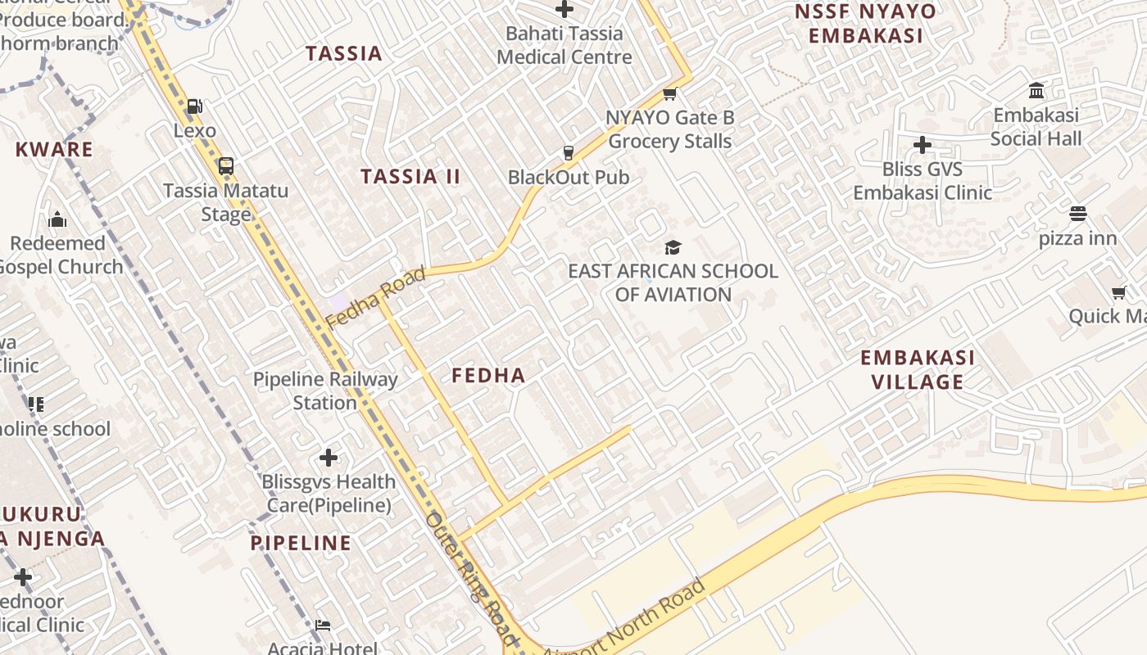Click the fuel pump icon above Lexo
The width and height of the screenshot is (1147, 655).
194,106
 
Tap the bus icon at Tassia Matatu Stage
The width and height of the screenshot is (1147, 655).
226,166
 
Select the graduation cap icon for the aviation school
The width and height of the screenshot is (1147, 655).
673,247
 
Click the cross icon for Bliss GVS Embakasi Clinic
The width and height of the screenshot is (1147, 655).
923,145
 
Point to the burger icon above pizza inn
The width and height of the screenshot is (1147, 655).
1077,215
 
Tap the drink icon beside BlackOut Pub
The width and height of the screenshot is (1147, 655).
568,153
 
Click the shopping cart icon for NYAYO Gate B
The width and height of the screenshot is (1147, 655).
670,94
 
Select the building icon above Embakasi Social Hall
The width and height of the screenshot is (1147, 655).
1036,90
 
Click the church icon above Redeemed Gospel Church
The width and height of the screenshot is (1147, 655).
57,219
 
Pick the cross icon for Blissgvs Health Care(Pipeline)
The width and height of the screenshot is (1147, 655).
329,457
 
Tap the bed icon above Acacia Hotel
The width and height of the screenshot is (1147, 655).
323,626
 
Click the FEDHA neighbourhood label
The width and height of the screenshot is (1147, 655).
488,376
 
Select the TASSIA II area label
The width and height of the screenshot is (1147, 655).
410,177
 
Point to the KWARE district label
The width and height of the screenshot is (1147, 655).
54,150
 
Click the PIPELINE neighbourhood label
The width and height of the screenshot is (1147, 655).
301,543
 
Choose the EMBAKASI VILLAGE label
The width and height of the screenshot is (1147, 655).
918,369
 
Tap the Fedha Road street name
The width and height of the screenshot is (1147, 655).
376,297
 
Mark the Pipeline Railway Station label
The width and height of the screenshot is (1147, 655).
325,391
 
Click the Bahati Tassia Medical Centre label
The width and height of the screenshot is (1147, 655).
564,45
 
